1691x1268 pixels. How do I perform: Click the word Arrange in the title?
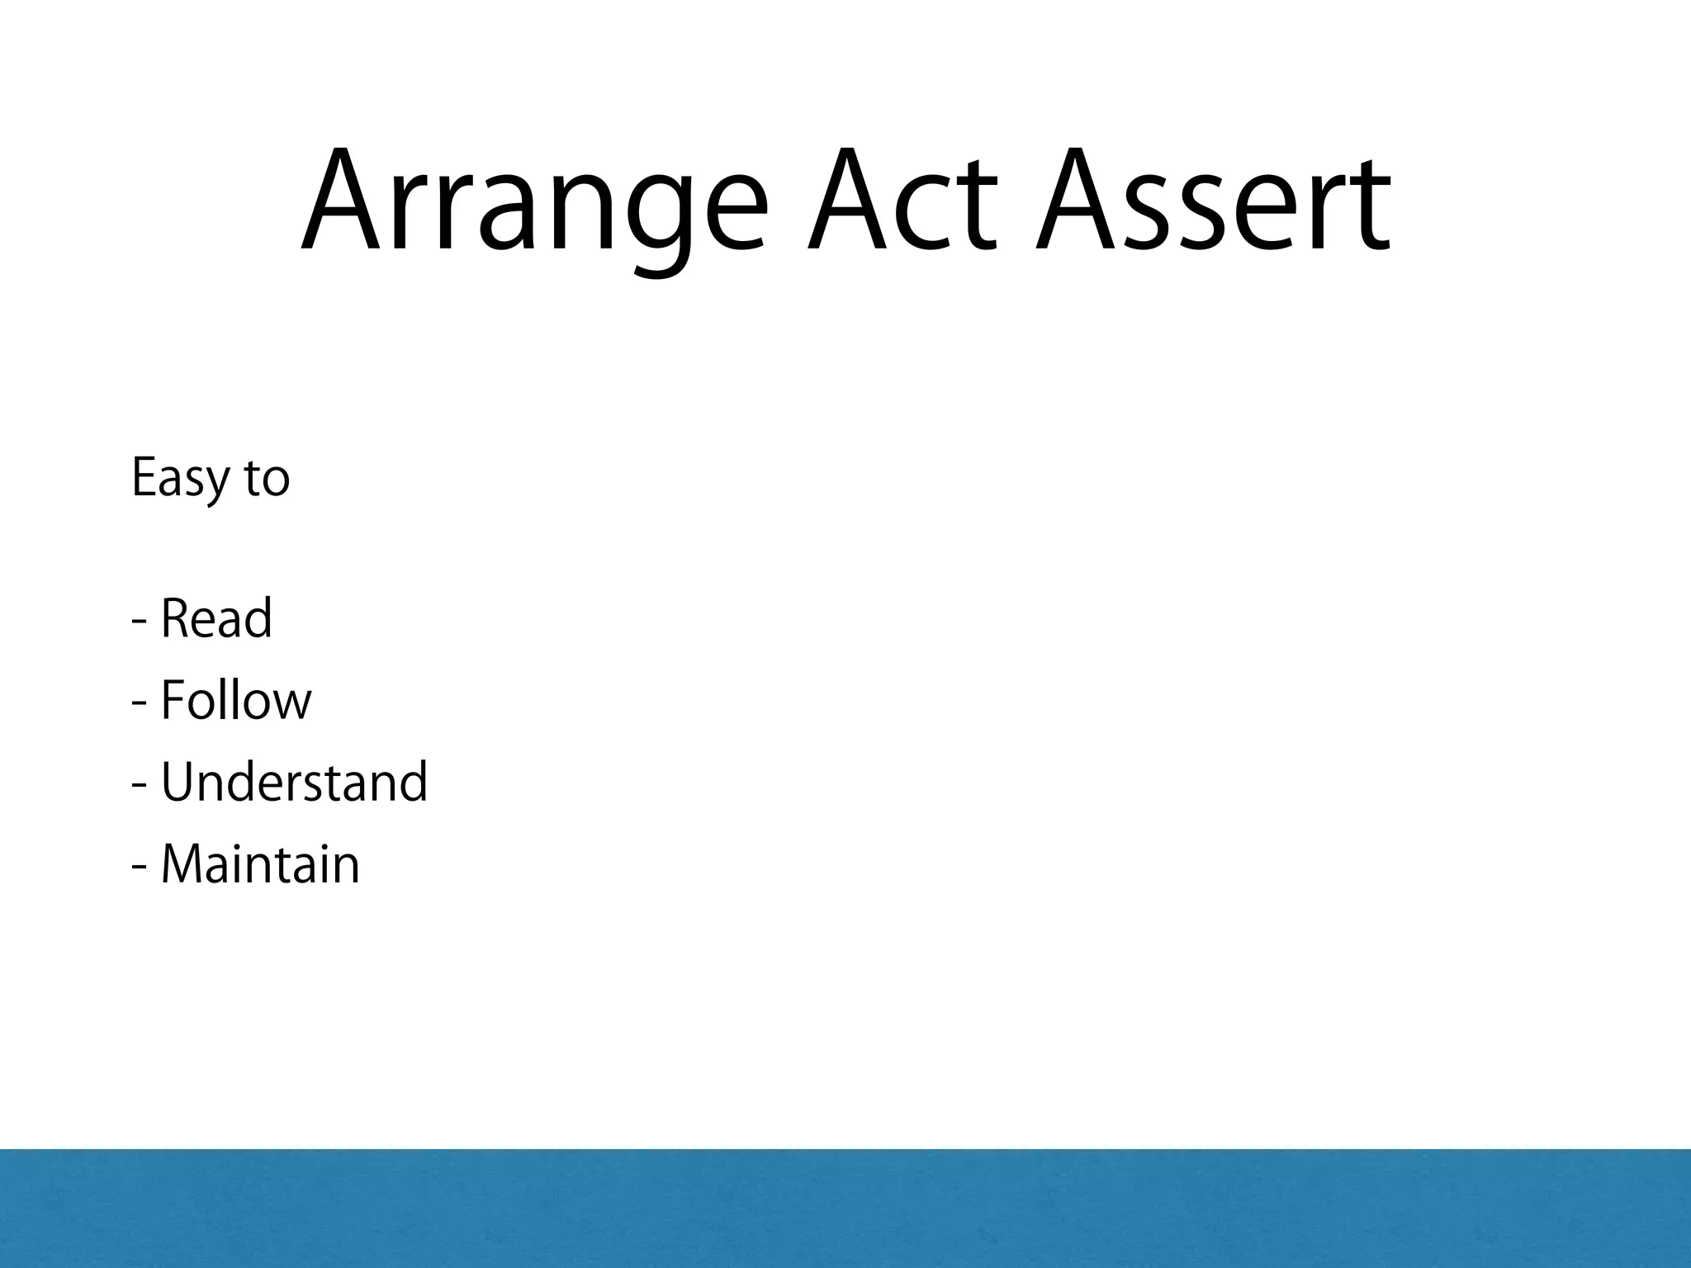click(x=533, y=202)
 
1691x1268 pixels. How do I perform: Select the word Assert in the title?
click(x=1214, y=202)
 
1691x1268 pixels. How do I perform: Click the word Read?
click(x=216, y=619)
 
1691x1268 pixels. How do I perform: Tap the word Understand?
click(x=294, y=783)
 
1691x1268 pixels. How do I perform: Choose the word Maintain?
click(x=260, y=865)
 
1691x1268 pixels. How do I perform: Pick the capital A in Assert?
click(x=1078, y=202)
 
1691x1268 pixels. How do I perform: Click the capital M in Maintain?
click(x=184, y=865)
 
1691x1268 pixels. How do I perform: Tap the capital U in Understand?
click(x=179, y=783)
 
